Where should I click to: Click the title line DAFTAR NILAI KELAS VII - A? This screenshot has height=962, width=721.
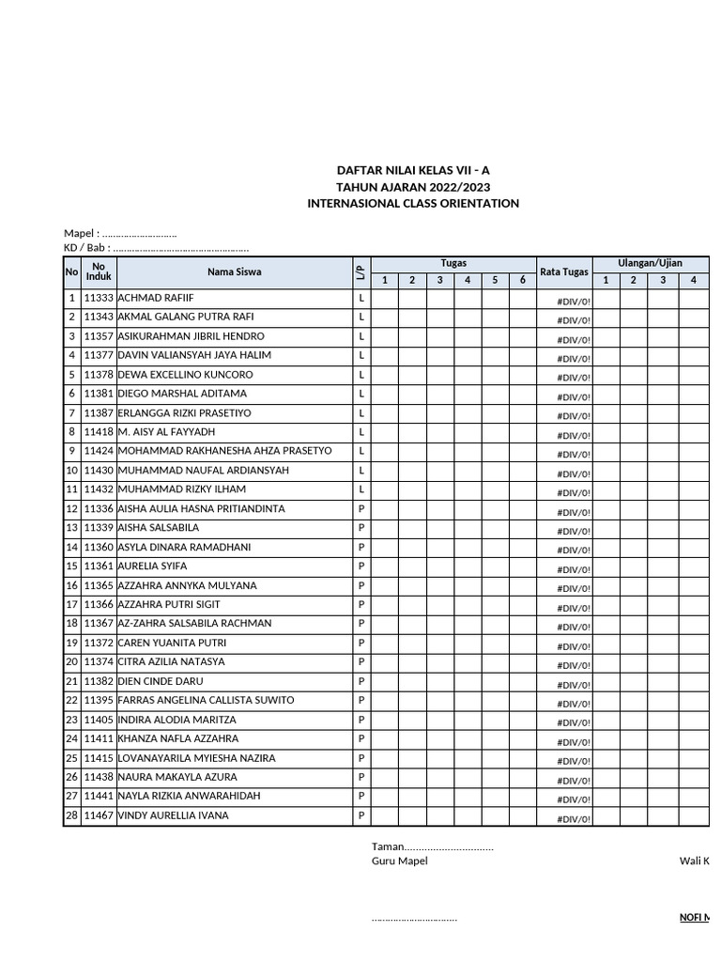point(413,170)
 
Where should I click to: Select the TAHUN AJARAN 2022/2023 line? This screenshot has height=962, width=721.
point(413,187)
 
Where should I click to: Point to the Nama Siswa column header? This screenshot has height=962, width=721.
point(235,272)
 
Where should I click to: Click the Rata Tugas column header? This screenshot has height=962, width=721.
point(564,272)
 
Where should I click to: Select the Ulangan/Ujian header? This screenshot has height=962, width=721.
point(650,264)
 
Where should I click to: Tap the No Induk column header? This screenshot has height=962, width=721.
point(99,272)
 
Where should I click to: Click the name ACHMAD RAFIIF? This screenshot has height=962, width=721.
point(155,298)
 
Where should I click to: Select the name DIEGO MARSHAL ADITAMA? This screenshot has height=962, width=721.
point(182,394)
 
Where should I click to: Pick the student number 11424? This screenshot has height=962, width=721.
point(99,451)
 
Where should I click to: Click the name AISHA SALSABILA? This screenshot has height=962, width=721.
point(158,528)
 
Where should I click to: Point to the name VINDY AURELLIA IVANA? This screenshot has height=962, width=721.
point(173,815)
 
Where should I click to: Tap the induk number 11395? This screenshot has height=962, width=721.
point(99,701)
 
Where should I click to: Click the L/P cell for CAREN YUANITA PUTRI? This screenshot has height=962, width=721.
point(361,644)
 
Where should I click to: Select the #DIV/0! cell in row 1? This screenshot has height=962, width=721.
point(573,302)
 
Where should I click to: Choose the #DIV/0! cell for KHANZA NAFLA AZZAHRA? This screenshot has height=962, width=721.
point(573,742)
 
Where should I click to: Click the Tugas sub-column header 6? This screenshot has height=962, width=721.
point(522,280)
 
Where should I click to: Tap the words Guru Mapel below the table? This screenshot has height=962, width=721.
point(399,861)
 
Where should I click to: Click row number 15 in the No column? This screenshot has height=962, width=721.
point(71,566)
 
